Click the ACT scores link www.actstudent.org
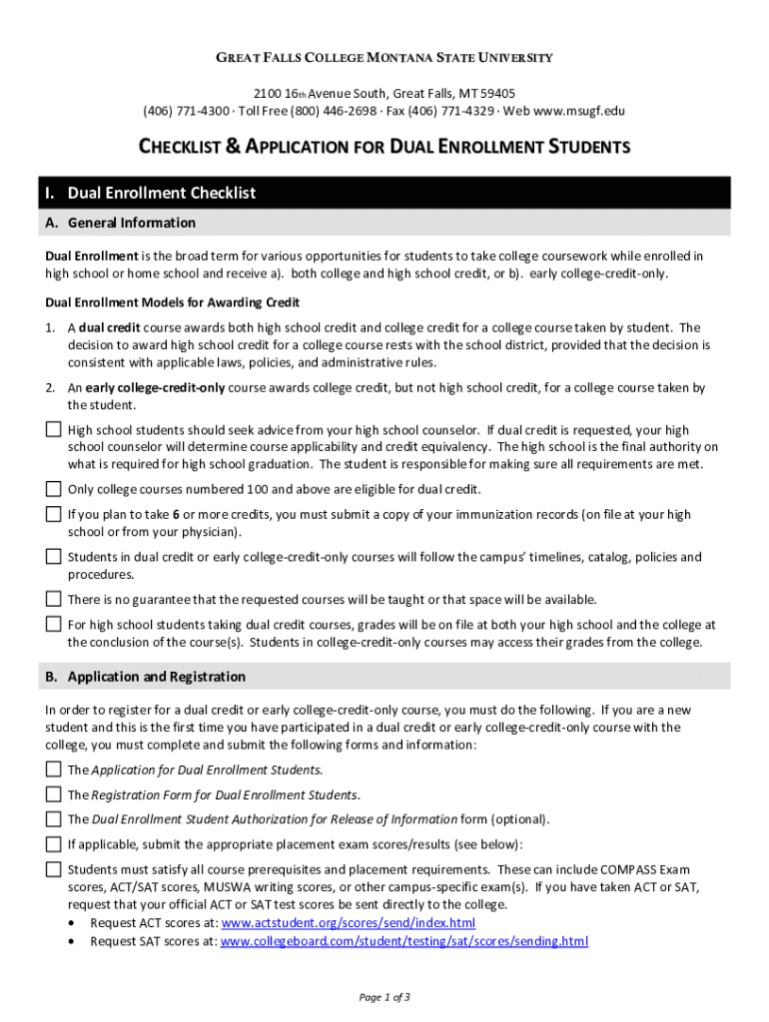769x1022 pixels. point(348,922)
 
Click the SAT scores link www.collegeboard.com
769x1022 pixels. point(403,941)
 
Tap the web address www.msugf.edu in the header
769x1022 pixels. point(580,111)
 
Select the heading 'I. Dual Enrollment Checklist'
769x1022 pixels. point(163,193)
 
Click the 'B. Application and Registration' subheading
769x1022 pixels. point(146,677)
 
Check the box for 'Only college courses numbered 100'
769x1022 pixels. point(53,489)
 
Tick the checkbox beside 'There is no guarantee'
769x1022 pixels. point(53,599)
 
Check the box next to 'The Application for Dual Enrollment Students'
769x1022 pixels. point(53,769)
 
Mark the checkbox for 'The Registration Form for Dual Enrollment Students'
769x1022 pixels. point(53,794)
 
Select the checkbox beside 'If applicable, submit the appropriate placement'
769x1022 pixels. point(53,844)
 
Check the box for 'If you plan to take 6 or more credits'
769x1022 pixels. point(53,514)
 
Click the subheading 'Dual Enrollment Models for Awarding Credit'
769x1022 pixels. point(173,301)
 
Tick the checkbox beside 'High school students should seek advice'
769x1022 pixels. point(53,429)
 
